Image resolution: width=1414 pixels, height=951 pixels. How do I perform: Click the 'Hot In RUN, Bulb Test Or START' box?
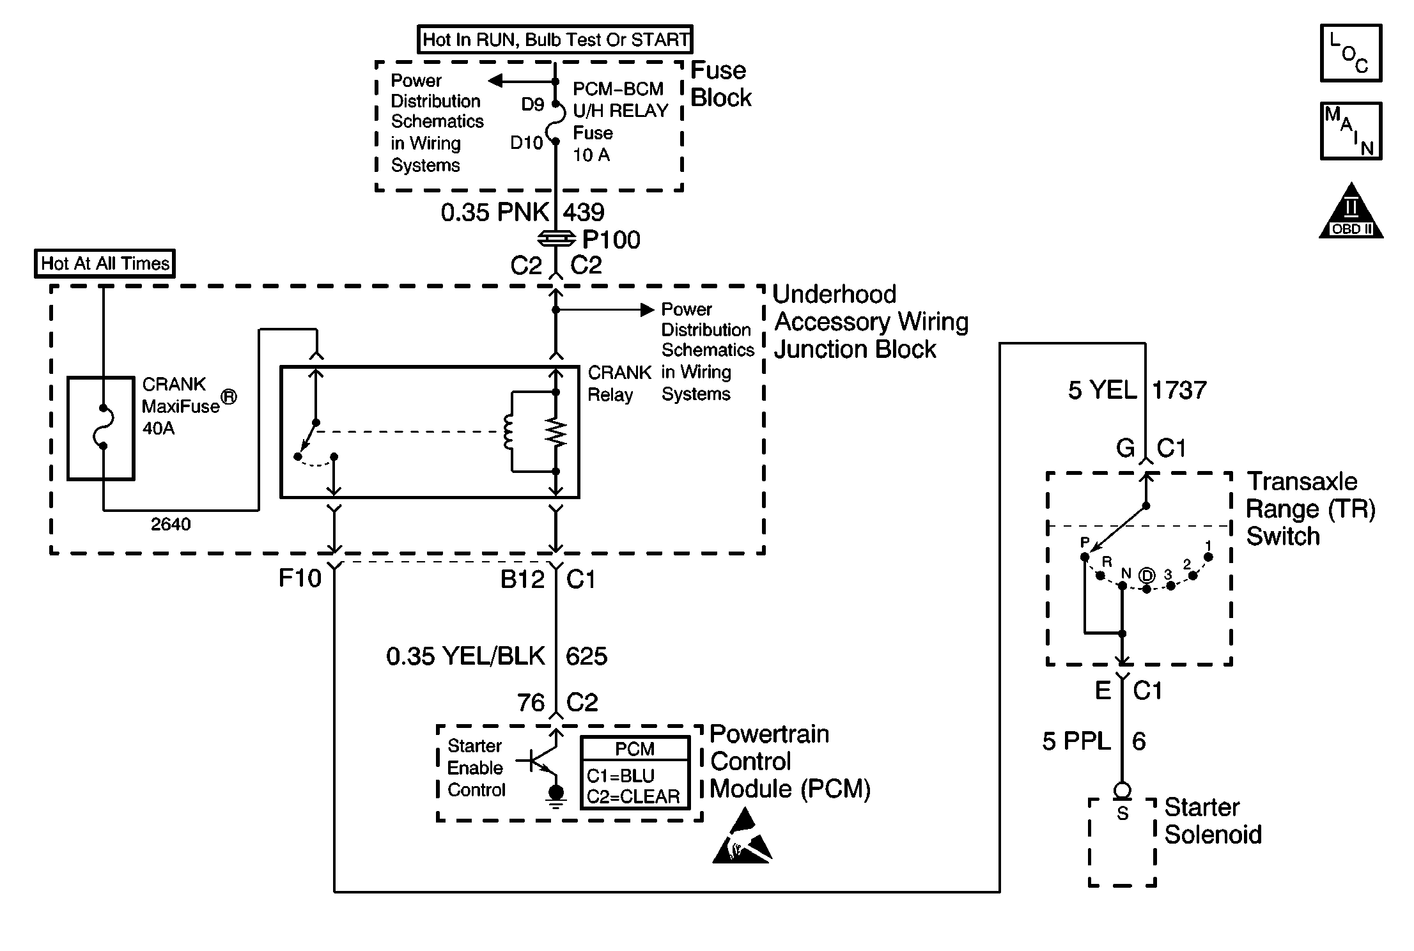click(555, 40)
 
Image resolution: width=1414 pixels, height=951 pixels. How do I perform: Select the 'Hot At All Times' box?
click(105, 263)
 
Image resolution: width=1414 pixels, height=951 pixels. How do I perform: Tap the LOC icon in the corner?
click(1351, 54)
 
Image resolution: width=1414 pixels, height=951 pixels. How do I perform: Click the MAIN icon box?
click(1351, 131)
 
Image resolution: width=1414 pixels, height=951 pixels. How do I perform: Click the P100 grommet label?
click(611, 240)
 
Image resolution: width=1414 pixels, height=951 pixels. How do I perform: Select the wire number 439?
click(584, 212)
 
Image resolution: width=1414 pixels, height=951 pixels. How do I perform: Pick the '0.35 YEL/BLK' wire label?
click(465, 656)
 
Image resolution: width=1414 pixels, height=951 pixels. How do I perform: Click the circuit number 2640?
click(171, 525)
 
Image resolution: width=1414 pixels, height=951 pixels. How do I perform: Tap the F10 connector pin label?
click(300, 578)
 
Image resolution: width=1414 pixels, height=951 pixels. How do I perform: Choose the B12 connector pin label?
click(522, 579)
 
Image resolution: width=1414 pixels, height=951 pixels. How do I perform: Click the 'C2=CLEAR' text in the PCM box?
click(633, 797)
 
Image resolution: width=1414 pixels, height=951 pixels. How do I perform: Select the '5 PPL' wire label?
click(1076, 741)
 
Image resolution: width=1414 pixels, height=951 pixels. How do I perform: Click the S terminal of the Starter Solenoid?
click(1123, 814)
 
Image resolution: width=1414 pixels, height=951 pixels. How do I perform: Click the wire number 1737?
click(1179, 390)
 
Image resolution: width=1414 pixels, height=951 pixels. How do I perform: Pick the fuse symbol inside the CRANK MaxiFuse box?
click(102, 427)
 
